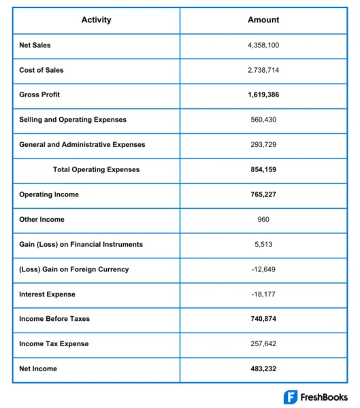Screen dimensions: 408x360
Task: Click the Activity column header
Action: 95,20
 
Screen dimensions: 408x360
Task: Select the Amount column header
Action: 263,20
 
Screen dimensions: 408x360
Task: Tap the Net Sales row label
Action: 35,45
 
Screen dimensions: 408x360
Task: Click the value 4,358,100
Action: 263,45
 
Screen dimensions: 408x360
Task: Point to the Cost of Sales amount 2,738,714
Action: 263,70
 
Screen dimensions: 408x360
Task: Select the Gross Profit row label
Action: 39,95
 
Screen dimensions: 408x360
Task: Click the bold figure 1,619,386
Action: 263,95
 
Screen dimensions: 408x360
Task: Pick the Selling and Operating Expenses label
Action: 73,120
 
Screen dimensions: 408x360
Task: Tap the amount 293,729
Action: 263,145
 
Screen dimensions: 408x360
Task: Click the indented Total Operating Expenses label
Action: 97,169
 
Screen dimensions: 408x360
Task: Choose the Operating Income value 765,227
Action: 263,194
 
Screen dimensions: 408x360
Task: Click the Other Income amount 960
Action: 263,220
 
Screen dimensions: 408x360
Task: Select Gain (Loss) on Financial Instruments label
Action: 81,244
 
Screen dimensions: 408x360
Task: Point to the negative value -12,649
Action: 263,269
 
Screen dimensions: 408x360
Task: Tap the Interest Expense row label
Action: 47,294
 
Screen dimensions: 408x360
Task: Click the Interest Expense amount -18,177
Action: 263,294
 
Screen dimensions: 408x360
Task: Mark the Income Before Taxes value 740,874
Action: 263,319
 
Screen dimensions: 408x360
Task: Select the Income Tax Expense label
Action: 54,344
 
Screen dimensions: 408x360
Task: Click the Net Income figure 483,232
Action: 263,369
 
